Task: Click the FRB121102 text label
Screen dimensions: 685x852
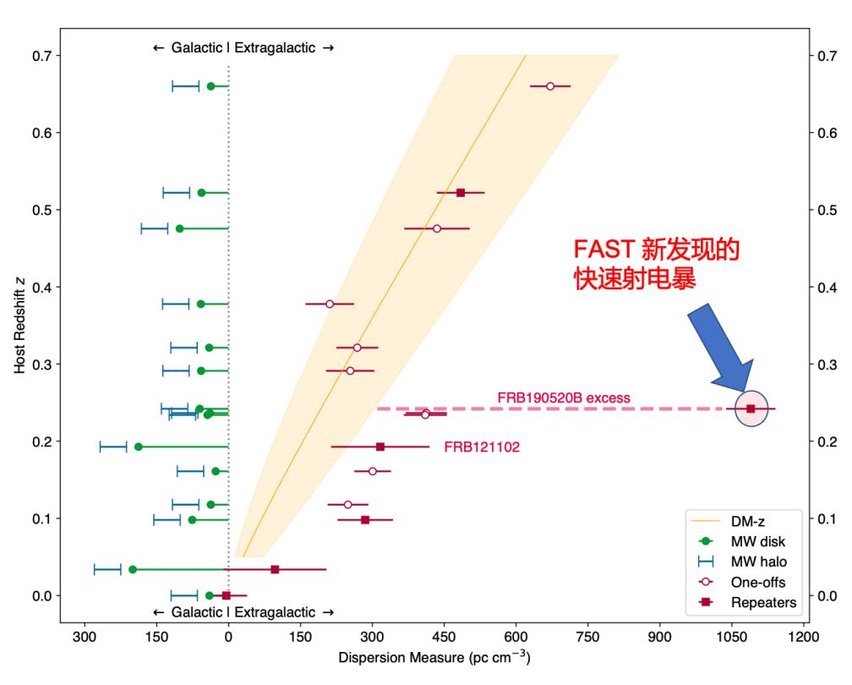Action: click(482, 447)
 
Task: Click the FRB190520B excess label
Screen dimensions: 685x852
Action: click(564, 397)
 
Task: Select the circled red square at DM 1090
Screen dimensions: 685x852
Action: click(751, 408)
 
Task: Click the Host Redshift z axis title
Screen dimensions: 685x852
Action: click(19, 330)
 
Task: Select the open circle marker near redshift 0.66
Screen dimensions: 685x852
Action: click(550, 86)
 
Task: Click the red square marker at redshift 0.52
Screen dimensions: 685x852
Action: click(461, 193)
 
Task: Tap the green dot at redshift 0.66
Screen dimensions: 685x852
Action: click(211, 86)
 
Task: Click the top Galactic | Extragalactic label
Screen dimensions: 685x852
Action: click(243, 48)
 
